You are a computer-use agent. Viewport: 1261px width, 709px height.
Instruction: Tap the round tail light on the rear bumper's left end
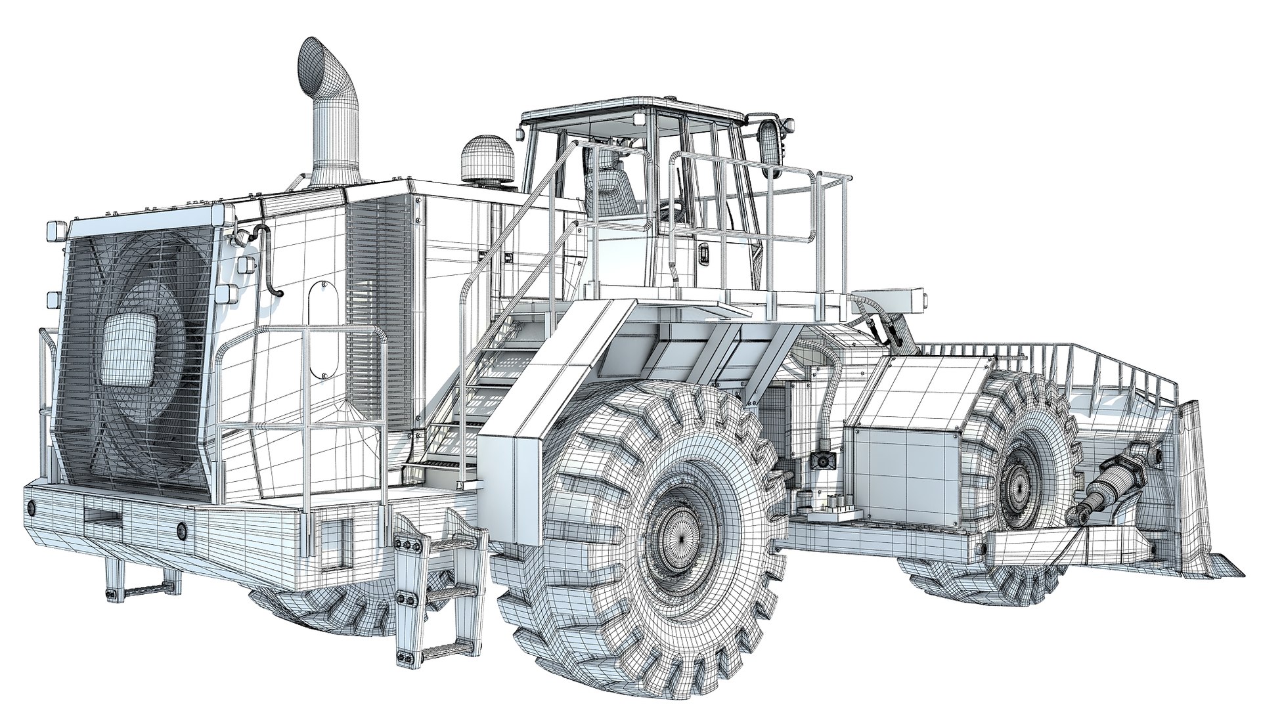click(x=31, y=507)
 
